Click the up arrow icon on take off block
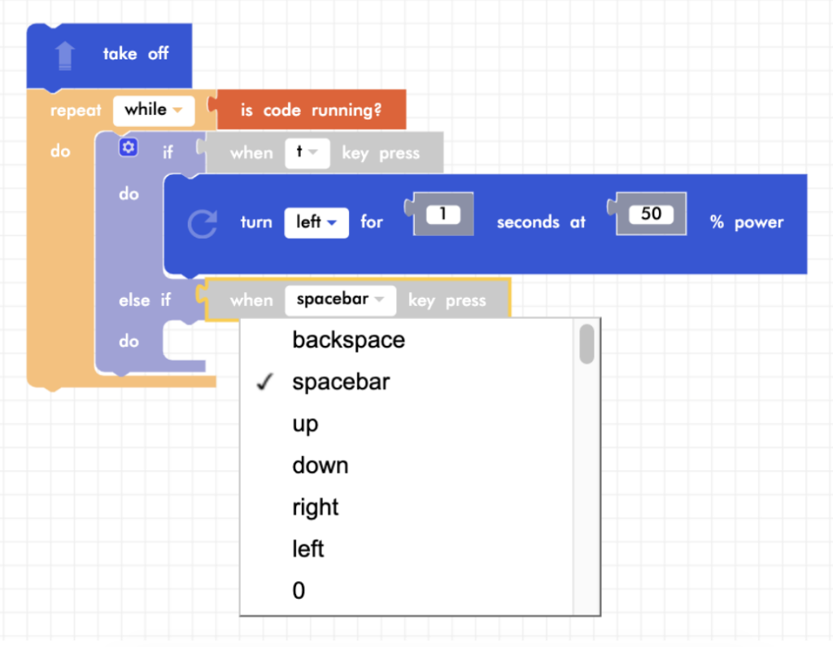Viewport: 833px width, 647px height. tap(65, 55)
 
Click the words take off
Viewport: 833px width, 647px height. tap(135, 54)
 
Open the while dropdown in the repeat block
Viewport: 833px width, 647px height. tap(154, 110)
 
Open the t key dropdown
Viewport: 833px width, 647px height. tap(307, 153)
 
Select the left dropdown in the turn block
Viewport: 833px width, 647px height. tap(316, 222)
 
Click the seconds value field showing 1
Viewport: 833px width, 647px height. tap(443, 215)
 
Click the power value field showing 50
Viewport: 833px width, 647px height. tap(651, 214)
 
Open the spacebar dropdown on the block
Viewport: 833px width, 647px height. tap(340, 299)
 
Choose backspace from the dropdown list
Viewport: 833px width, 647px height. tap(348, 340)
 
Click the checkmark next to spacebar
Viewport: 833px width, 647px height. tap(263, 383)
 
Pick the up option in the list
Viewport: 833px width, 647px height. tap(305, 424)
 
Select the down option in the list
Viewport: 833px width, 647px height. tap(320, 466)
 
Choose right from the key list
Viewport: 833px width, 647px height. tap(315, 507)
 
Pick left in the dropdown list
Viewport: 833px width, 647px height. tap(308, 549)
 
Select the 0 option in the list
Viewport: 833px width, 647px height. tap(299, 591)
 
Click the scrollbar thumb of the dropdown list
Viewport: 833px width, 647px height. tap(587, 343)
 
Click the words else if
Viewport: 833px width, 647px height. tap(145, 300)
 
